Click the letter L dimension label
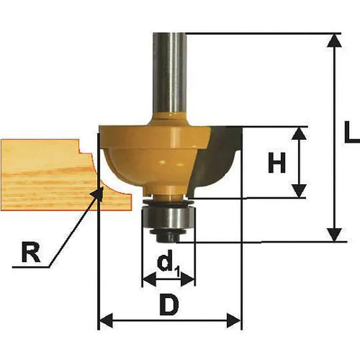(x=352, y=131)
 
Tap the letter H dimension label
(x=277, y=163)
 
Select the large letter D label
(x=169, y=305)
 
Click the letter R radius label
(x=31, y=252)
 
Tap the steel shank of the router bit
(x=170, y=73)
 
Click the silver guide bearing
(x=168, y=216)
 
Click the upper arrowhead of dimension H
(x=299, y=133)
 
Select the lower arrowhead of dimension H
(x=299, y=191)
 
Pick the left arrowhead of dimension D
(x=106, y=320)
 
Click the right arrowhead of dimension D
(x=234, y=320)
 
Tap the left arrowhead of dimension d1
(x=149, y=280)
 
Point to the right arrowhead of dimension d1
(x=188, y=280)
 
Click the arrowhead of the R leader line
(x=97, y=193)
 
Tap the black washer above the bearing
(x=168, y=202)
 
